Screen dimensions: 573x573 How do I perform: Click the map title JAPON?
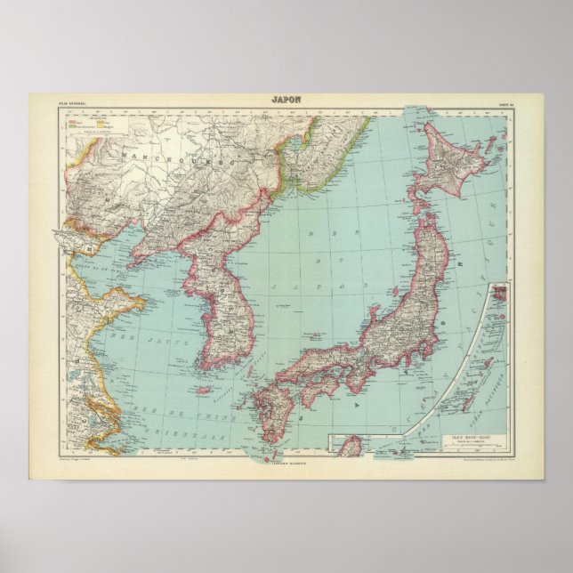(286, 100)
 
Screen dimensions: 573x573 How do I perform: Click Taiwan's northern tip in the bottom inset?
(353, 440)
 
